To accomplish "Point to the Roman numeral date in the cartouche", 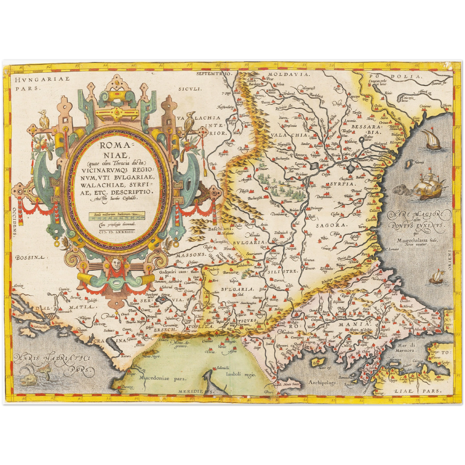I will coord(117,231).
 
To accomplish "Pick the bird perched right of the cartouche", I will coord(191,120).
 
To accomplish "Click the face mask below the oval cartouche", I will coord(116,264).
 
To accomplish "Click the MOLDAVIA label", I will coord(288,74).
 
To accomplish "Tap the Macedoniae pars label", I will coord(163,378).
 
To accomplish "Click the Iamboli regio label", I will coord(240,374).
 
